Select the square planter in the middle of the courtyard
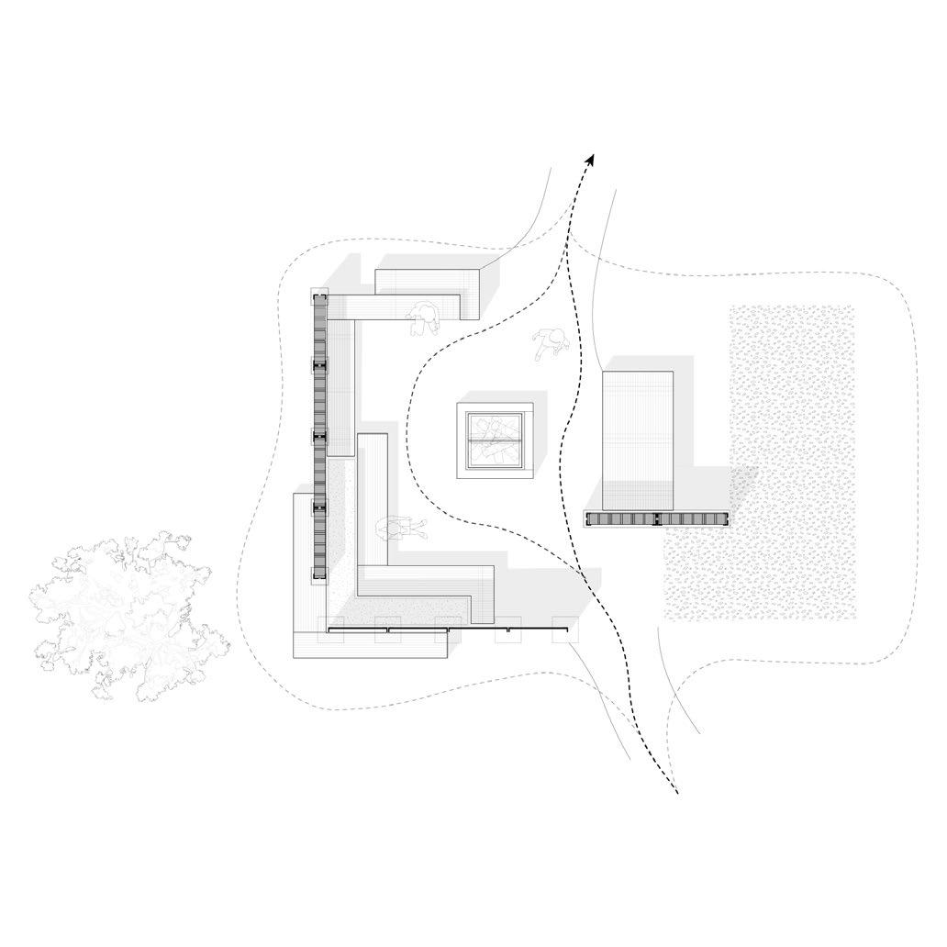click(496, 440)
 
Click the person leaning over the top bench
click(424, 318)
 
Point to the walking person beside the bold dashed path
click(551, 344)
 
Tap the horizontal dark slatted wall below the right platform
click(657, 519)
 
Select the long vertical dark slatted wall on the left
click(319, 431)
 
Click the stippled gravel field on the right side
click(789, 459)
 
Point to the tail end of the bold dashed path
click(676, 793)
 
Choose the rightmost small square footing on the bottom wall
click(561, 635)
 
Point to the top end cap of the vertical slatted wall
click(319, 295)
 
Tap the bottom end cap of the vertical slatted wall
click(319, 577)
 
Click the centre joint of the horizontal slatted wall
click(657, 519)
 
